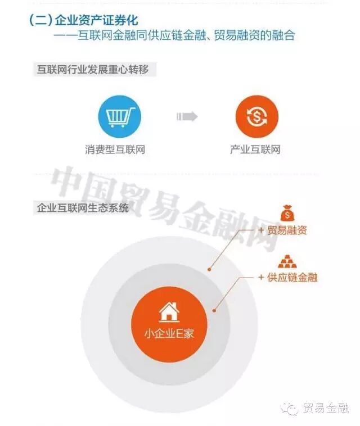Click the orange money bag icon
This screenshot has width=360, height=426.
pyautogui.click(x=286, y=213)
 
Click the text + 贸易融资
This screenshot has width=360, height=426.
pyautogui.click(x=282, y=230)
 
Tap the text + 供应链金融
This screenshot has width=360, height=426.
pyautogui.click(x=287, y=278)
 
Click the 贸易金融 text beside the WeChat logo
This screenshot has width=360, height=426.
pyautogui.click(x=326, y=408)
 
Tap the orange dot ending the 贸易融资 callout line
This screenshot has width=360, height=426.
pyautogui.click(x=209, y=269)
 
